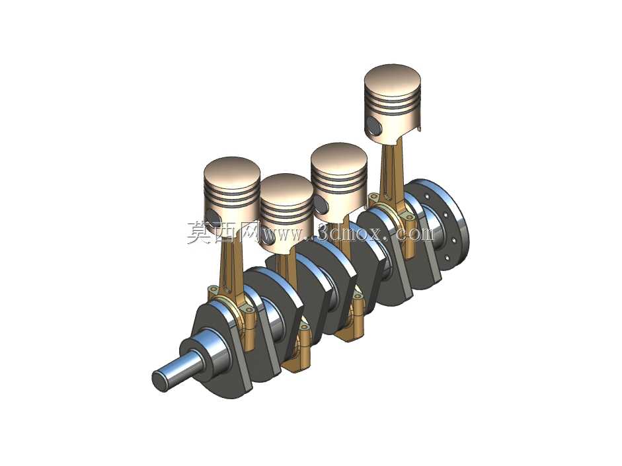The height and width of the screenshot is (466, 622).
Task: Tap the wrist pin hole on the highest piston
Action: pos(374,125)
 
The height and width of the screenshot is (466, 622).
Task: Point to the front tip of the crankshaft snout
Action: pos(160,382)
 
